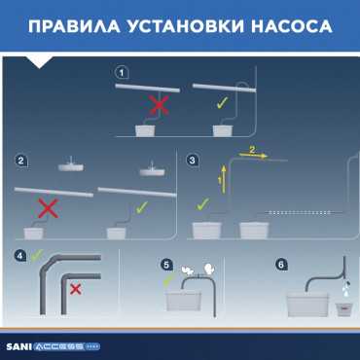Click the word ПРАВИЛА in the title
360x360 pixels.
[74, 26]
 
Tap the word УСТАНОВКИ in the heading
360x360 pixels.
[185, 26]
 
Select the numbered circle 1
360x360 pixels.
[122, 73]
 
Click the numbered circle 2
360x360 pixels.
[21, 161]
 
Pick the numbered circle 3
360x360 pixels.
[193, 160]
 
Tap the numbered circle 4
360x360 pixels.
[20, 256]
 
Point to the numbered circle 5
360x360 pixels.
[166, 265]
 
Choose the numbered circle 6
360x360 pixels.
[281, 265]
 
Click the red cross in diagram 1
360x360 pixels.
[160, 105]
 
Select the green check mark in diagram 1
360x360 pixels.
[223, 103]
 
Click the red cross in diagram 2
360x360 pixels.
[49, 208]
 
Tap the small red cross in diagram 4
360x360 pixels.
[76, 289]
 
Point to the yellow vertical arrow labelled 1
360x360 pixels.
[224, 179]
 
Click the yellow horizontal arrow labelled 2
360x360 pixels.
[253, 156]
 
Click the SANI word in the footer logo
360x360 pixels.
[18, 346]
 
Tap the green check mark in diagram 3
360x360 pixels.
[203, 205]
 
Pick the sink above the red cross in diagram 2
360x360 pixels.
[71, 166]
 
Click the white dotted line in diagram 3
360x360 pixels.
[298, 212]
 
